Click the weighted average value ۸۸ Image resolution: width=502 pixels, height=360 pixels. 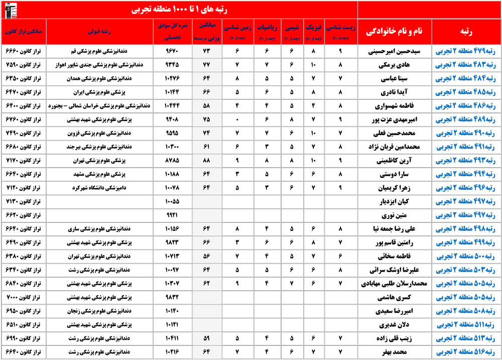(x=205, y=161)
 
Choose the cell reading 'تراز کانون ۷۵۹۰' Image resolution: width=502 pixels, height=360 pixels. (x=25, y=65)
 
